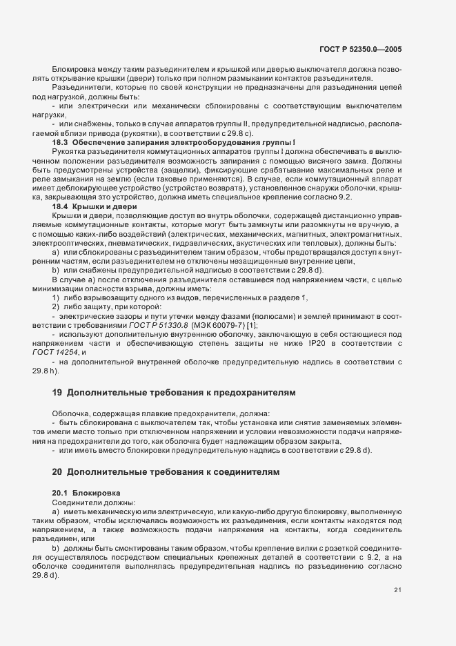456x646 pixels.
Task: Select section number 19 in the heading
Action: coord(57,393)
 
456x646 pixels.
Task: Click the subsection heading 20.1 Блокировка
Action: coord(86,494)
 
